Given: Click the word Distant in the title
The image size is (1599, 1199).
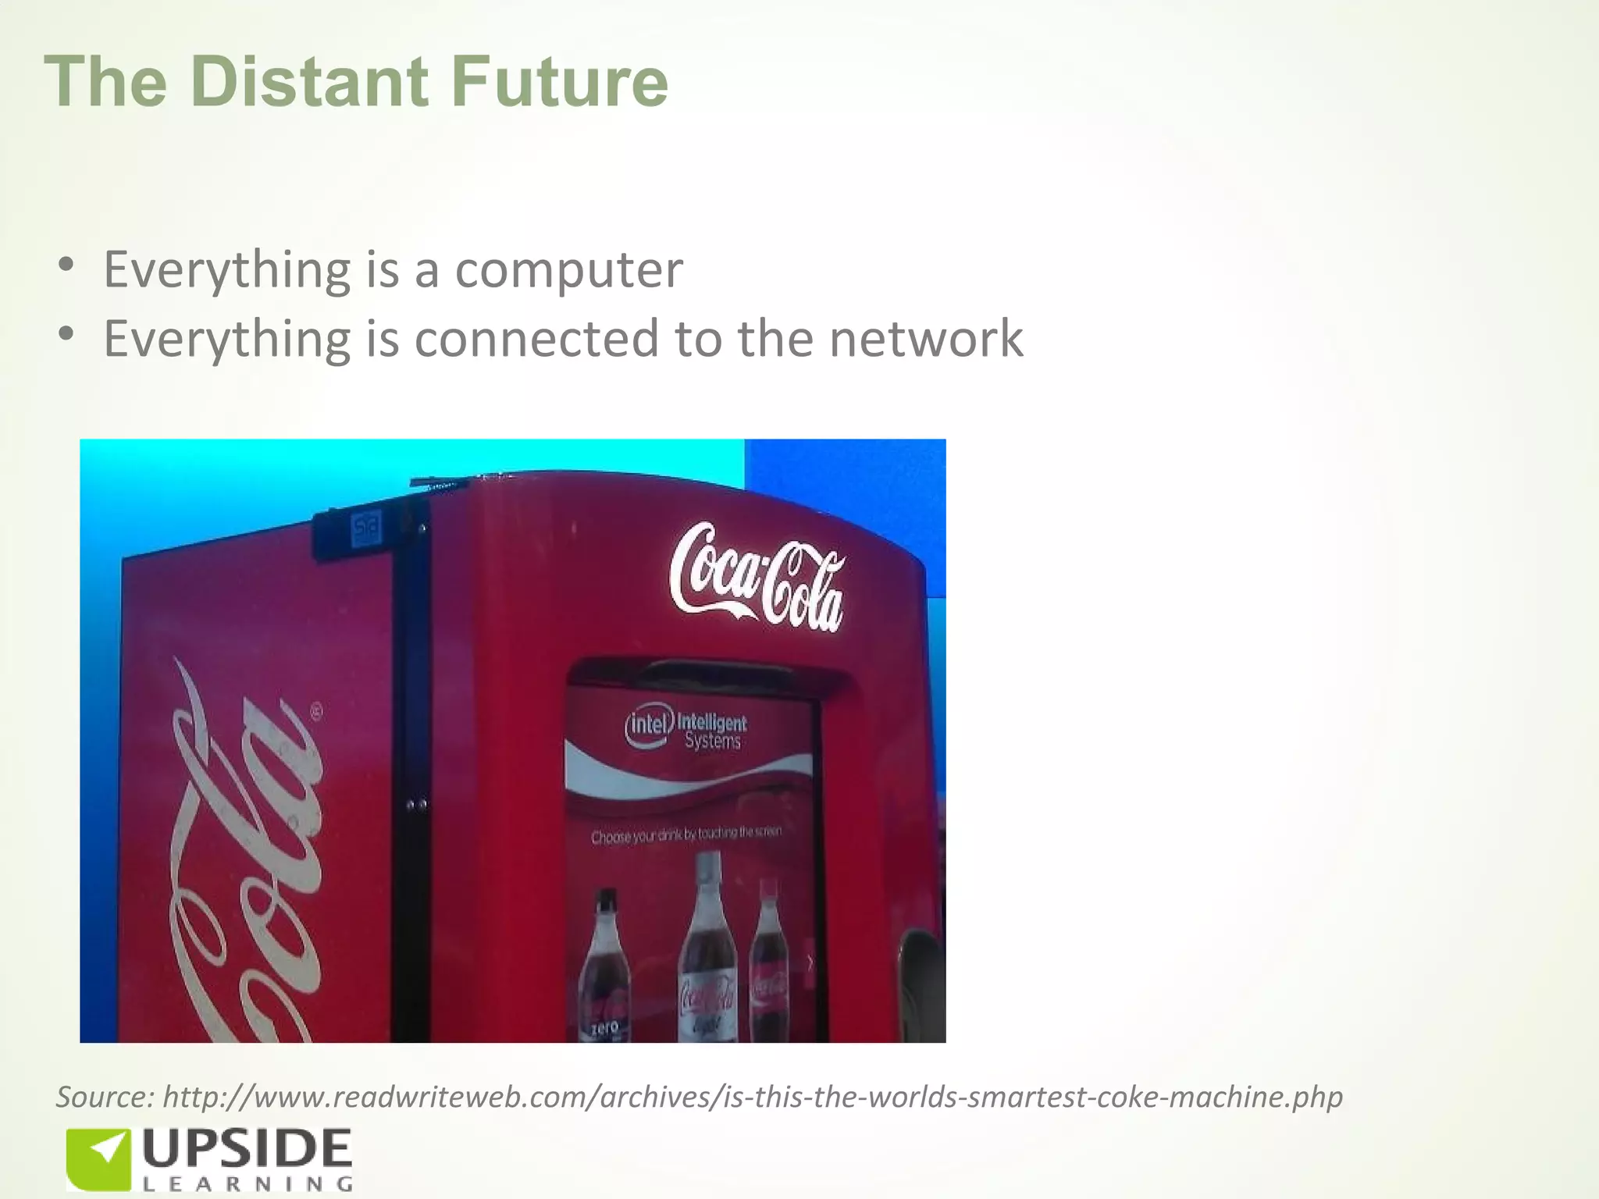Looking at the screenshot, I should click(309, 82).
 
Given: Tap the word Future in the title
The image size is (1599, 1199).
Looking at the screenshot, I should click(559, 82).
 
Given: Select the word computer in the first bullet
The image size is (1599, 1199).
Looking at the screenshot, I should click(568, 270).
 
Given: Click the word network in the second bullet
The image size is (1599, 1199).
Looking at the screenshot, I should click(926, 339).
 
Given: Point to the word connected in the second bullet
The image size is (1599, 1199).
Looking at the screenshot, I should click(537, 339).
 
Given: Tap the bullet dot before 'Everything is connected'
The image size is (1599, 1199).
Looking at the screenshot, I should click(66, 333).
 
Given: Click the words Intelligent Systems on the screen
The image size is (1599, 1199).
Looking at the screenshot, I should click(712, 731).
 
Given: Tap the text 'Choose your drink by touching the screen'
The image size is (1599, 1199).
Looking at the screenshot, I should click(686, 835).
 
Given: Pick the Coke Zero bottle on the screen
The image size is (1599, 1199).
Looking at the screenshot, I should click(606, 968).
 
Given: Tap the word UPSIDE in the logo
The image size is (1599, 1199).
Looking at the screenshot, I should click(247, 1149).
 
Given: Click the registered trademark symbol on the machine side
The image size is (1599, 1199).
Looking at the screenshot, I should click(316, 712).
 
